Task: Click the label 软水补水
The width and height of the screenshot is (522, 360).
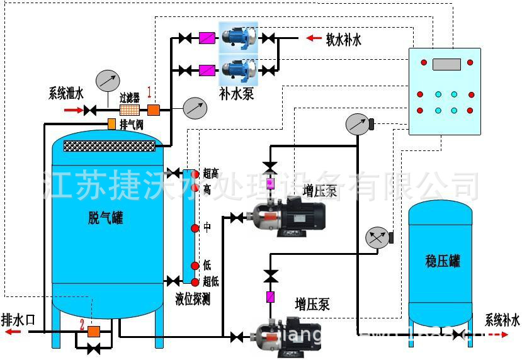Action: point(343,39)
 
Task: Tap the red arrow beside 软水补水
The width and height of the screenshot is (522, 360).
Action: point(313,38)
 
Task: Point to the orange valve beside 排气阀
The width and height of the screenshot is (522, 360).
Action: point(111,124)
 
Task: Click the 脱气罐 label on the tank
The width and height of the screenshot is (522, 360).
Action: point(105,218)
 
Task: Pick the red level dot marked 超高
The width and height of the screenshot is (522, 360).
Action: point(195,172)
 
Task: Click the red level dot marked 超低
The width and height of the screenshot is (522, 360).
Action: point(195,281)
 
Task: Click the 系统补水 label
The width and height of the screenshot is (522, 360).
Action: point(502,320)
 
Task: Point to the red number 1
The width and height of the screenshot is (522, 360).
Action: point(149,92)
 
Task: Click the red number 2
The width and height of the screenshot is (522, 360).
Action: point(82,325)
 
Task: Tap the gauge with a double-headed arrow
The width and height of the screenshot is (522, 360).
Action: point(376,237)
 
